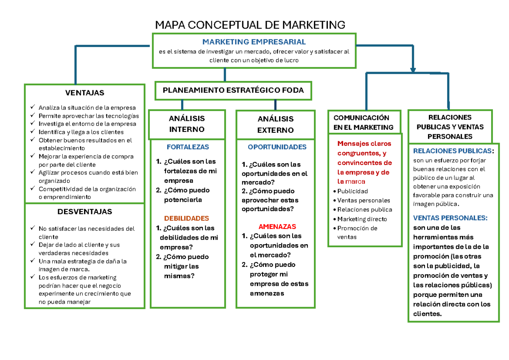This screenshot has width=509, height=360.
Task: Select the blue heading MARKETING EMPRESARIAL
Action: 254,42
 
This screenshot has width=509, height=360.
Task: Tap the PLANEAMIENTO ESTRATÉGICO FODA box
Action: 233,90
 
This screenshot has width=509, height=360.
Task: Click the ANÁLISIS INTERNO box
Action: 187,124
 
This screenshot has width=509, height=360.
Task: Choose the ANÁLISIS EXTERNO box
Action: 275,124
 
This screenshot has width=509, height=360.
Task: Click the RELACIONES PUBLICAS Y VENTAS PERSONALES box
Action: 450,126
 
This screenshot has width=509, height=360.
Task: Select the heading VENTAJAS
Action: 84,93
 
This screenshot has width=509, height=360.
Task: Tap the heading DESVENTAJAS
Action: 84,211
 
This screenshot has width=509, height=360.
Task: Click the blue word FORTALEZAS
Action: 188,147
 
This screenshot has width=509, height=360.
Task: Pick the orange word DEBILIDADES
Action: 187,218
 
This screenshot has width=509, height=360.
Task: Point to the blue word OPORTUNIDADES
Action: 277,147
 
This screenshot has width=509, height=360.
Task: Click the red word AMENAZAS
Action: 277,226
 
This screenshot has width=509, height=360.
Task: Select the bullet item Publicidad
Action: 352,191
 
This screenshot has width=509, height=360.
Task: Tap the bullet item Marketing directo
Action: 362,219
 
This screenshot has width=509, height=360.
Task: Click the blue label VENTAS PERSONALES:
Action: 450,218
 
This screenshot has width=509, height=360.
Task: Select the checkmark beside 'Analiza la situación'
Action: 33,107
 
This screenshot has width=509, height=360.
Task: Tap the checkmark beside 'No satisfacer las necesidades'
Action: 33,229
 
